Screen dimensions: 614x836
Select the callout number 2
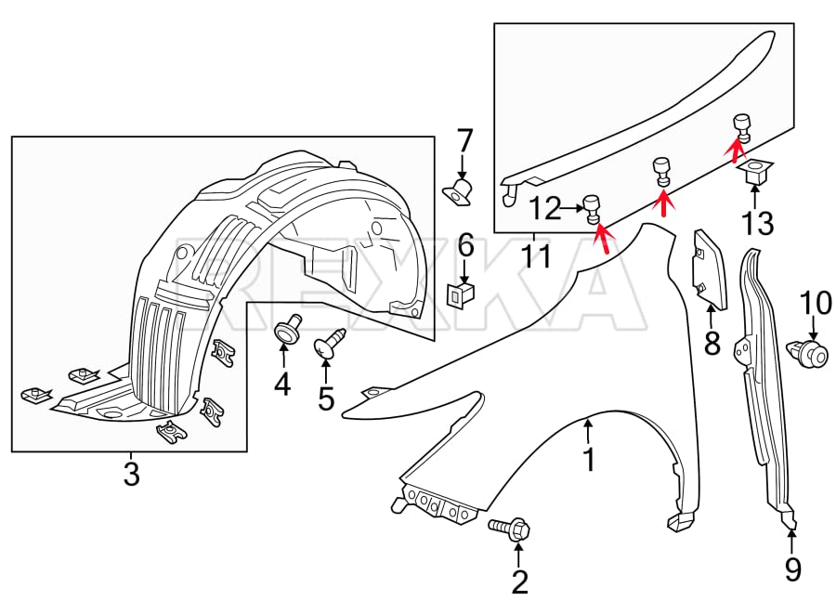pos(519,581)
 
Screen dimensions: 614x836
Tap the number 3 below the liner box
pos(131,474)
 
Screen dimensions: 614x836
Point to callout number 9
pos(791,568)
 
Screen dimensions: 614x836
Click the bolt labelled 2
pos(508,530)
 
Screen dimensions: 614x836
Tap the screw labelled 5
pos(327,346)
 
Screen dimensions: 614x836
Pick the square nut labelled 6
pos(463,294)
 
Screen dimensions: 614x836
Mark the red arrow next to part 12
pos(602,239)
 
